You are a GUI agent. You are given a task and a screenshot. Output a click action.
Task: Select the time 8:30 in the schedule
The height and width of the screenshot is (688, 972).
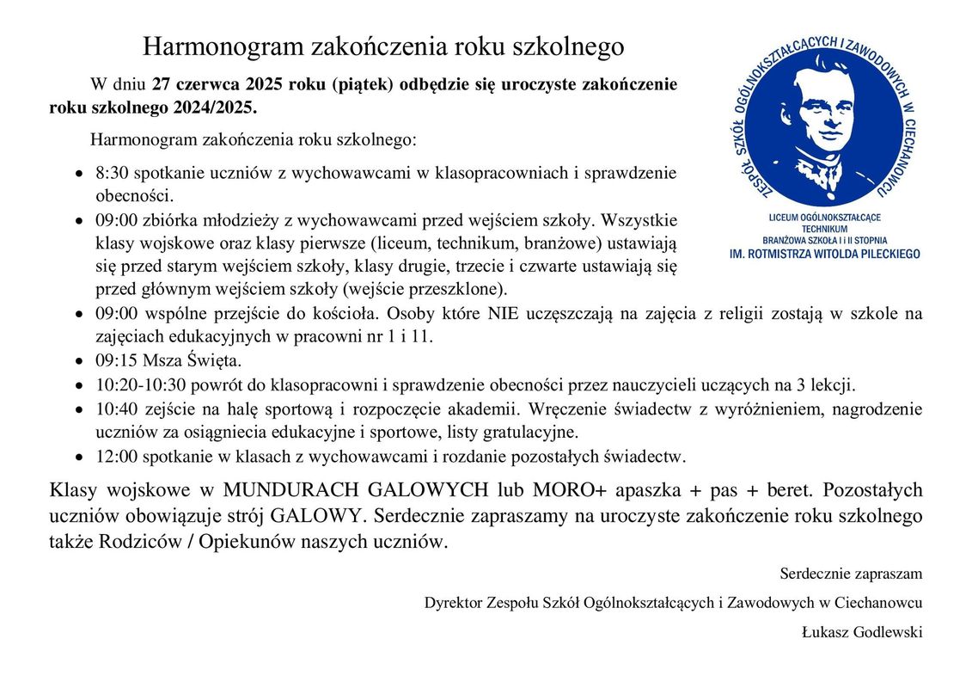112,172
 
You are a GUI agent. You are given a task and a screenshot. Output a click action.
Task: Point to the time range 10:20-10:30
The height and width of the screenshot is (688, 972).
138,384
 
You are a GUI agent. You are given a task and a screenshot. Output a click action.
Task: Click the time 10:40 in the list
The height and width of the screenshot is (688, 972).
115,408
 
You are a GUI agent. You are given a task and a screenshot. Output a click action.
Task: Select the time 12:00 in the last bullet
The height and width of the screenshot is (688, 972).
115,455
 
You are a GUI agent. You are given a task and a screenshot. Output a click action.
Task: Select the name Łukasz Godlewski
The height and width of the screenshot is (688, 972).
862,632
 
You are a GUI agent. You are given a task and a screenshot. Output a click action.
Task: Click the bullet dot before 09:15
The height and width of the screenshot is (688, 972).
79,359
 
